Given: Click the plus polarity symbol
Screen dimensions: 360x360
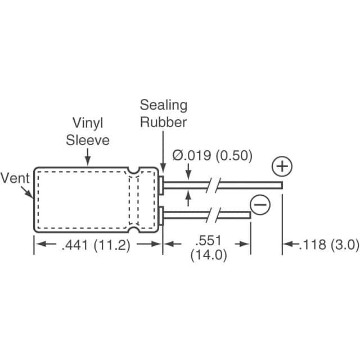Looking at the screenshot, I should tap(282, 167).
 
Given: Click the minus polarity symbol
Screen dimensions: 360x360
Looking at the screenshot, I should tap(260, 205).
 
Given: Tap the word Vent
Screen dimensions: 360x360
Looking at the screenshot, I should tap(15, 179).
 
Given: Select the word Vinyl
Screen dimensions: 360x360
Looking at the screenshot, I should tap(87, 123).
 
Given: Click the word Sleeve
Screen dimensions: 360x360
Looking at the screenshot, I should tap(88, 139).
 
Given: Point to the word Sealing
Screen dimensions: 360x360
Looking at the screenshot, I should tap(164, 105).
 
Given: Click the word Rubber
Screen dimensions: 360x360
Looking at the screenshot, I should tap(164, 121).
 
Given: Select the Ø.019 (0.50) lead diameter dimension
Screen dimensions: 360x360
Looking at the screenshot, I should tap(212, 156).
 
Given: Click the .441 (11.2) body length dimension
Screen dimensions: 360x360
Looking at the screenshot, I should tap(98, 245).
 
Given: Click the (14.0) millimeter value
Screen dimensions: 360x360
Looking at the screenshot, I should tap(208, 255).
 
